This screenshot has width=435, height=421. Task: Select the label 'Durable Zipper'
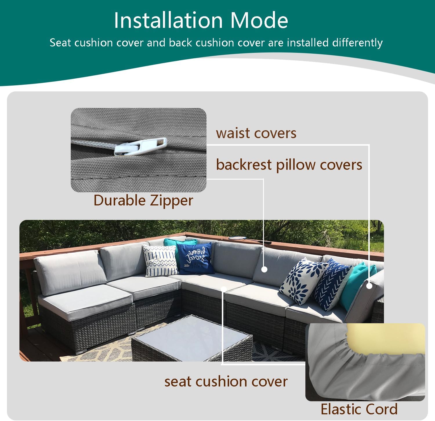pos(143,201)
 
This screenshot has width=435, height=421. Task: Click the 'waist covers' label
pos(256,133)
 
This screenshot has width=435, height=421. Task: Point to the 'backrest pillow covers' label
pos(289,165)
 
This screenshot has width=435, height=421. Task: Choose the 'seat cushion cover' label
pos(226,382)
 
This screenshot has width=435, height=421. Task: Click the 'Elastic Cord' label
pos(359,409)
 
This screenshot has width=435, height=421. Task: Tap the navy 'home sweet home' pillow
pos(195,258)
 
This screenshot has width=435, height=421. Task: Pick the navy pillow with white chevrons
pos(330,285)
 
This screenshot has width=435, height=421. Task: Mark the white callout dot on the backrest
pos(264,270)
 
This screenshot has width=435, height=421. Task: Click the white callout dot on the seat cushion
pos(224,289)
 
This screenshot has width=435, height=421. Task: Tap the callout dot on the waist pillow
pos(369,286)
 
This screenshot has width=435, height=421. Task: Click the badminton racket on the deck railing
pos(249,240)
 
